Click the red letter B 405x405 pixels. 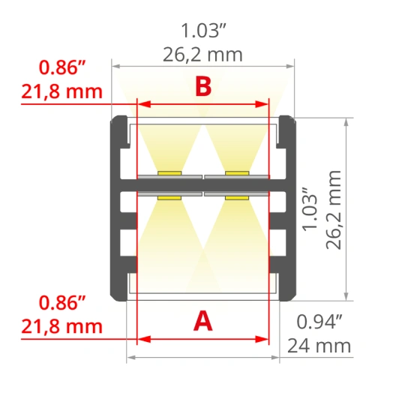[x=203, y=86]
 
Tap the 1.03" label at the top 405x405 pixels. [x=203, y=31]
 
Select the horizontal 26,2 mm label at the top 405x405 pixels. [x=202, y=55]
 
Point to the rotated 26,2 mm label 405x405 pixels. [x=334, y=210]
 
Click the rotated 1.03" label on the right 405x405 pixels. [x=310, y=208]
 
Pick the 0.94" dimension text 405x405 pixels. [x=319, y=322]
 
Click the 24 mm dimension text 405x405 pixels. [x=319, y=346]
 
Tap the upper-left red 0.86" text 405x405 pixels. [x=61, y=67]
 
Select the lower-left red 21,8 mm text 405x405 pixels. [x=61, y=326]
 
